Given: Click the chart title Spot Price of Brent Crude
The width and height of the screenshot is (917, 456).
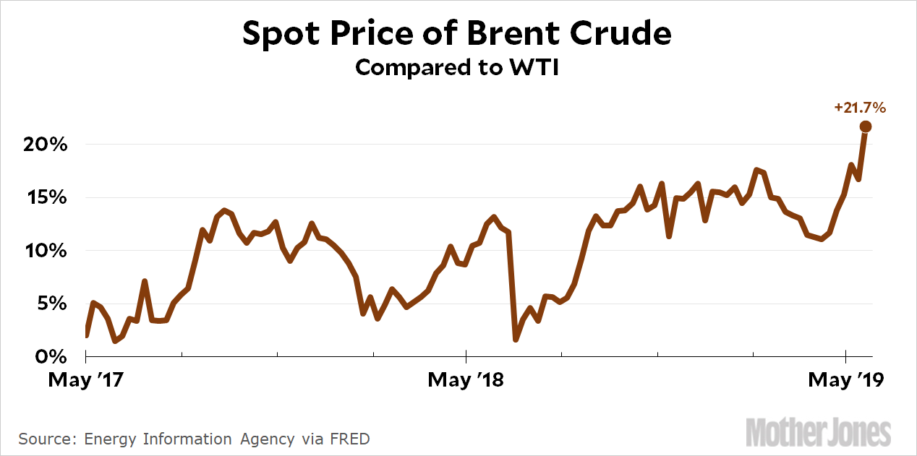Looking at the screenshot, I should [457, 34].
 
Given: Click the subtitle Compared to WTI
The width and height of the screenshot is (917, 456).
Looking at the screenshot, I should [457, 67].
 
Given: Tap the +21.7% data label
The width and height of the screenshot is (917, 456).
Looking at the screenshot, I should [860, 108].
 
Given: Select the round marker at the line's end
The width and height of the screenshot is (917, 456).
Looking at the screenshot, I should [865, 126].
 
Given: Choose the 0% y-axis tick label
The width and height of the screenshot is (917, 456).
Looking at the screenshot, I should [51, 357].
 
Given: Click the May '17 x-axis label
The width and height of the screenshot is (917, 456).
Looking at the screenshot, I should [85, 380].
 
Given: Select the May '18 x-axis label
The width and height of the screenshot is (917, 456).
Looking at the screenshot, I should [465, 380].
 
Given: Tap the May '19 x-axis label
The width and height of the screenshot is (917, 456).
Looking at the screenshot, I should [845, 380].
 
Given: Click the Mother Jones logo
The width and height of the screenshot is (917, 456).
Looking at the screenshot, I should [818, 431].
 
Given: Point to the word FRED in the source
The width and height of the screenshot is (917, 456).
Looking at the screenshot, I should [352, 439].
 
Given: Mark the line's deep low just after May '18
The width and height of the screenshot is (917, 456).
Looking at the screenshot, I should [516, 339].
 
